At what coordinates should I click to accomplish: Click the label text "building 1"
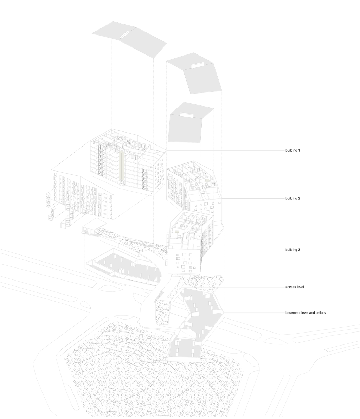292,150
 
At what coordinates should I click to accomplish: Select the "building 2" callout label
292,198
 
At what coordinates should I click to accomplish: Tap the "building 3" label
292,250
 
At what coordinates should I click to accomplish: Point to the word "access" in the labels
290,287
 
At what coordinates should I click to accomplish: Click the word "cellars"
321,312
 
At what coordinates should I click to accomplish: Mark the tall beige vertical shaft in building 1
121,166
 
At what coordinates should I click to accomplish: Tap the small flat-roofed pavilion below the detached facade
94,226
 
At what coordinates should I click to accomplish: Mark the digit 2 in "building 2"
299,198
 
